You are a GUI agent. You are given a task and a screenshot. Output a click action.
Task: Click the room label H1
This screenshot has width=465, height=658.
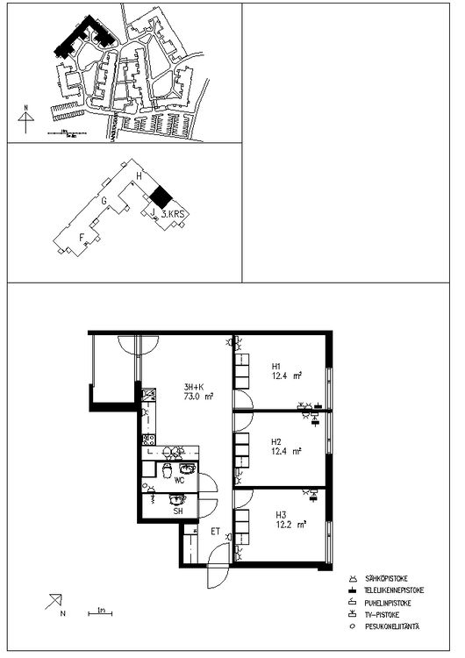pos(275,366)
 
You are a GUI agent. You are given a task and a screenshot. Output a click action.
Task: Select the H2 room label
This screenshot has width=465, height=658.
pos(275,441)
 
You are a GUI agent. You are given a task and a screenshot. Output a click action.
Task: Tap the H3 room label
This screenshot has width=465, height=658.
pos(281,515)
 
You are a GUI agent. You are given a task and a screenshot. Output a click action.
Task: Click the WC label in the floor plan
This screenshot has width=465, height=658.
pos(179,481)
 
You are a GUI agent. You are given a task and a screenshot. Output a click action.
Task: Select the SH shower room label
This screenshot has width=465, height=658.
pos(178,510)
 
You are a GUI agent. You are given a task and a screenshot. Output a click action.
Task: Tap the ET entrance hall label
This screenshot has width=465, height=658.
pos(214,531)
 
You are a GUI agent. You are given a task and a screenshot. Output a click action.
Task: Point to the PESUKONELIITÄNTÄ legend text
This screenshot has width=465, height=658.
pos(395,626)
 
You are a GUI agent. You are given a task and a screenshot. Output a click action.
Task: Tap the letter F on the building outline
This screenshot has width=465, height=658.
pos(82,236)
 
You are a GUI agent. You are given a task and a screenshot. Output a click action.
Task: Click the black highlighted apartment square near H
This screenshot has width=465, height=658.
pos(158,196)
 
